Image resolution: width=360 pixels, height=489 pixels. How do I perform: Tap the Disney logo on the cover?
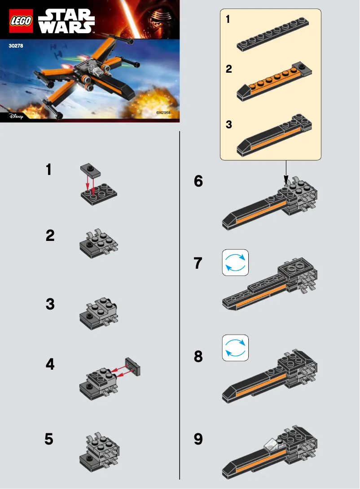pos(16,116)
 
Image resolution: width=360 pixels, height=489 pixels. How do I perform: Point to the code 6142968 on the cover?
pos(163,113)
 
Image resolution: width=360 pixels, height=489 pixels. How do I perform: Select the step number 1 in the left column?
pos(49,170)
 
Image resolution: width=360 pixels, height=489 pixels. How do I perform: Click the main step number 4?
pos(50,364)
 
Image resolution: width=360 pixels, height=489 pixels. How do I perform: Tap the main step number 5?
pos(49,439)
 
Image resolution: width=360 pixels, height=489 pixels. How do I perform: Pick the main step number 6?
pos(198,181)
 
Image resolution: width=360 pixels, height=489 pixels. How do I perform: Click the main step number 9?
pos(198,439)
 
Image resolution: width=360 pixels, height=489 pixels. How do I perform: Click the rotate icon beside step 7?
pos(235,262)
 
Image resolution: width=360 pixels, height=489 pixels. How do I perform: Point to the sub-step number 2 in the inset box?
pos(229,70)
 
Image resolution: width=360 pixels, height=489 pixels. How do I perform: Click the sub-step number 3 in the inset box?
pos(229,125)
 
